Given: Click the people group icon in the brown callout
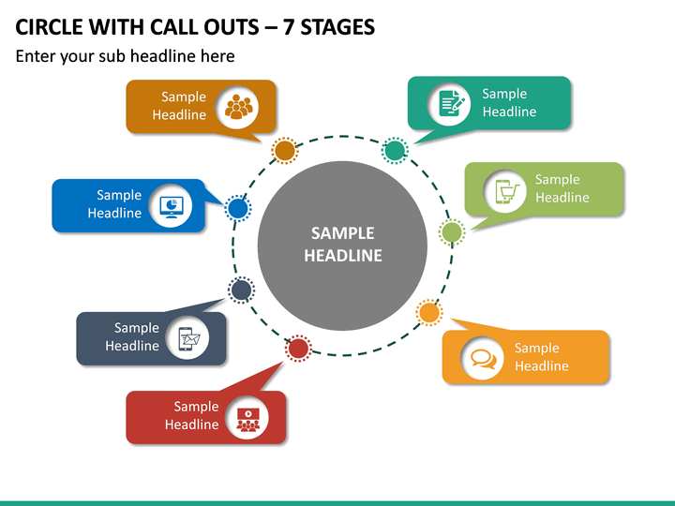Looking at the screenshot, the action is pos(238,107).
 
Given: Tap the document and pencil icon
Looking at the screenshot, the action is pos(451,103).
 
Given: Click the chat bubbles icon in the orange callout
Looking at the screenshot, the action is pos(484,358).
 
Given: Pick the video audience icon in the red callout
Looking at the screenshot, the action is pos(247,419).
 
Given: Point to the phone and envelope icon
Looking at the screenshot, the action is pos(189,338).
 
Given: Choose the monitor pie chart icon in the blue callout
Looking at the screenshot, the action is pos(172,207).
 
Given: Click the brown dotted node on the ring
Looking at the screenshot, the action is pos(285,151).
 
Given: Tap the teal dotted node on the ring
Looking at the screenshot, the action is pos(395,150).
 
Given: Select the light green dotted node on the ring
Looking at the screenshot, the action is pos(452,232).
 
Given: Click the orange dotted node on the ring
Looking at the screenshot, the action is pos(429,312).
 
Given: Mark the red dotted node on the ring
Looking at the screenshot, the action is pos(298,348).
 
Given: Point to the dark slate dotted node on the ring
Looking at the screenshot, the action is pos(241,290).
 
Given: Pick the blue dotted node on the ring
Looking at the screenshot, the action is pos(237,208).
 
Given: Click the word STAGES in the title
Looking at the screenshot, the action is pos(337,27).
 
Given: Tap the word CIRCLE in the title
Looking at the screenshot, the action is pos(49,27).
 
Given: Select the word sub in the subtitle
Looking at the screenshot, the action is pos(112,56).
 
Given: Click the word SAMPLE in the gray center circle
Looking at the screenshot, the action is pos(343,233).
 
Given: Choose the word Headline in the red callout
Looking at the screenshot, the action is pos(192,424).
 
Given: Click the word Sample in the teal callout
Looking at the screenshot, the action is pos(504,95).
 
